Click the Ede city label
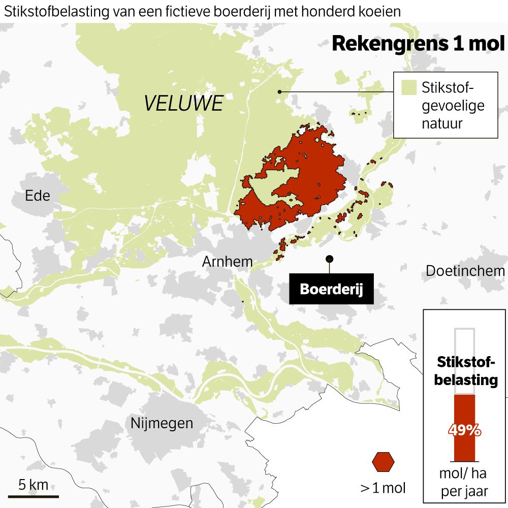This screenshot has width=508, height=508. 38,195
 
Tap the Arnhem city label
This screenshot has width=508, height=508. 227,262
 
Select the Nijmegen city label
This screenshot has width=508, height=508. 162,423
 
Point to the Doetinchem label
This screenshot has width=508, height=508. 465,271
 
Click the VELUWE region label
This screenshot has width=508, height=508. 183,104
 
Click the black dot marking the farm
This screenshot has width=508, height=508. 330,259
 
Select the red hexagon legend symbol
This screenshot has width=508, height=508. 383,461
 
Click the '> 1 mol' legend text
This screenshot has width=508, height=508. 383,488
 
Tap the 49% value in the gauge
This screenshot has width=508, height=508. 464,430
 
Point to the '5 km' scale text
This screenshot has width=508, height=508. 34,484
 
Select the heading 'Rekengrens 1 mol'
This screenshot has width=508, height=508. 418,44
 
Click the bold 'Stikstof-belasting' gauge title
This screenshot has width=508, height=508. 465,371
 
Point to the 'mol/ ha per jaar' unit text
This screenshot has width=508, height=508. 463,482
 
